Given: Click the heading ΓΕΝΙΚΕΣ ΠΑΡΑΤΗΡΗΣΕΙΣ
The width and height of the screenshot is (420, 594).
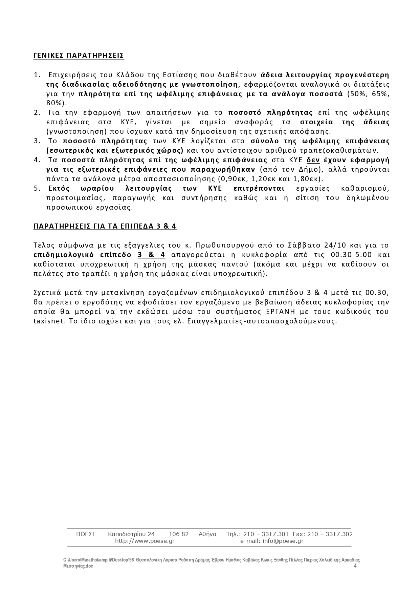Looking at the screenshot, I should (x=79, y=56).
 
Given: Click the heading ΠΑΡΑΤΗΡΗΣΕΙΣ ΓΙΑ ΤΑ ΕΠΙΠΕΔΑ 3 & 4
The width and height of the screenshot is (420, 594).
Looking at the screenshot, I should (x=105, y=226).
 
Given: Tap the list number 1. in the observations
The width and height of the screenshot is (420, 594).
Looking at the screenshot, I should (x=37, y=75).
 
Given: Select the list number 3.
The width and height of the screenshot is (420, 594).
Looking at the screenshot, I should (x=37, y=141).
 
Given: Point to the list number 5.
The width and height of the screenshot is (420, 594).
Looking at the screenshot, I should (x=37, y=188).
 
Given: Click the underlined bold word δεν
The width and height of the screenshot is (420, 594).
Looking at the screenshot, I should (x=313, y=160).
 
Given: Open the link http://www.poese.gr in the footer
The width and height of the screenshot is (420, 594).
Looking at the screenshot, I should (x=145, y=541).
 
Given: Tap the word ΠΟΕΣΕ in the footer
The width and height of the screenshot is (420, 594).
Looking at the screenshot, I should (x=86, y=534).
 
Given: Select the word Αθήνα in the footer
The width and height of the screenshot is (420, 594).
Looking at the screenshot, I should (x=207, y=534).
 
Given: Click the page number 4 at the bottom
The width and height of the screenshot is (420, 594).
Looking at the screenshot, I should (x=355, y=566).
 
